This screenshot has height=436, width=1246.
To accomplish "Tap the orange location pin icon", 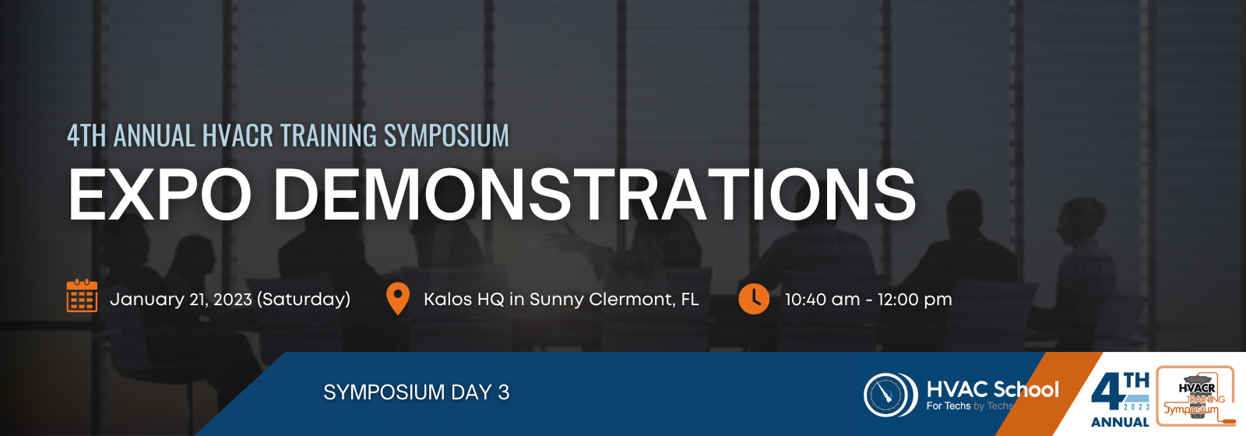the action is [x=398, y=299].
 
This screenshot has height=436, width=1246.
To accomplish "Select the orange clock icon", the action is [x=754, y=299].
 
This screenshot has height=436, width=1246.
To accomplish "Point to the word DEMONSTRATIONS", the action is [x=594, y=194].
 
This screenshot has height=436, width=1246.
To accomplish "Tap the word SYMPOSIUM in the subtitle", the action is [x=446, y=135].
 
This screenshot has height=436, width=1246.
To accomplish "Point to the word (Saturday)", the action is [x=304, y=300].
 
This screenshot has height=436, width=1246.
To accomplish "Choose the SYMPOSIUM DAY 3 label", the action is [x=416, y=392].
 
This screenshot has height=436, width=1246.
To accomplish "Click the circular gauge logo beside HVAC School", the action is [x=889, y=394].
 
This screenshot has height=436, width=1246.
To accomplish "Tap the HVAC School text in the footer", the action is [x=992, y=389].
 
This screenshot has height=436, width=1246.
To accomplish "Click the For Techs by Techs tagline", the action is [x=970, y=406].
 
